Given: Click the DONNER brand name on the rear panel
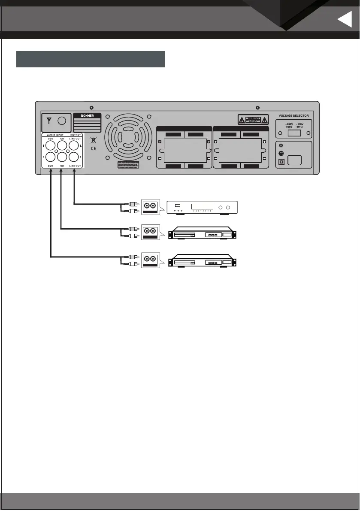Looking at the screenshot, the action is [x=87, y=116].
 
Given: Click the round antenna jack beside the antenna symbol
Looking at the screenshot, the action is [x=61, y=121].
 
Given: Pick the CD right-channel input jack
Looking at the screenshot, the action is [x=62, y=157].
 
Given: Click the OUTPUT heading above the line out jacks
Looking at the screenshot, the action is [x=75, y=135].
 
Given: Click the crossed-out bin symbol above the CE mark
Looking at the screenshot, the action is [x=94, y=140].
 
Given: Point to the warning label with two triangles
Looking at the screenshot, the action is [x=253, y=119].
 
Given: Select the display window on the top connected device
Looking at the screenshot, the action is [x=202, y=206].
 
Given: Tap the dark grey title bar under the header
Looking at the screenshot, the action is [x=91, y=59].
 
